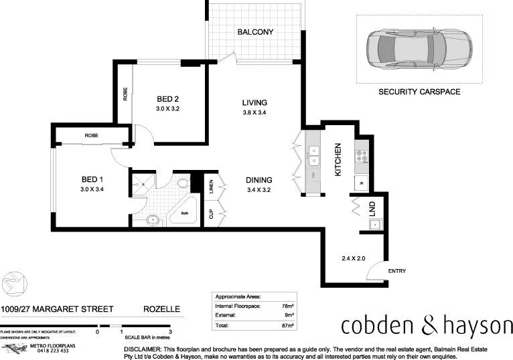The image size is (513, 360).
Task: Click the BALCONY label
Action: (x=255, y=32)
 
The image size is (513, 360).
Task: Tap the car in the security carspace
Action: (x=419, y=48)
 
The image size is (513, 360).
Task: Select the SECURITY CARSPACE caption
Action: (x=419, y=92)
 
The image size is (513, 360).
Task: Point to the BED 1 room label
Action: (x=92, y=180)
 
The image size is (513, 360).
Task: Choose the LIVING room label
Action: (x=254, y=103)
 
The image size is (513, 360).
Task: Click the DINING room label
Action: (x=259, y=180)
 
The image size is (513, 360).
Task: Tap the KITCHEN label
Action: (x=339, y=160)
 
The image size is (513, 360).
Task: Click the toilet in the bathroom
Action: (x=183, y=184)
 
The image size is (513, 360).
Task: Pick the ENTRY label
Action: (x=397, y=271)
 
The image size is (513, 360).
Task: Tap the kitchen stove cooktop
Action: (x=361, y=157)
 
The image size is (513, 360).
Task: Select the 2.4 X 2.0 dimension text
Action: (x=353, y=258)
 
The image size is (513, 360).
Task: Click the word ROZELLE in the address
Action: (x=160, y=310)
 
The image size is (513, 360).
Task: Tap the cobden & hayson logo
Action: (x=427, y=326)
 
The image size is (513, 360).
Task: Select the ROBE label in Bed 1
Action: (x=92, y=136)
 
